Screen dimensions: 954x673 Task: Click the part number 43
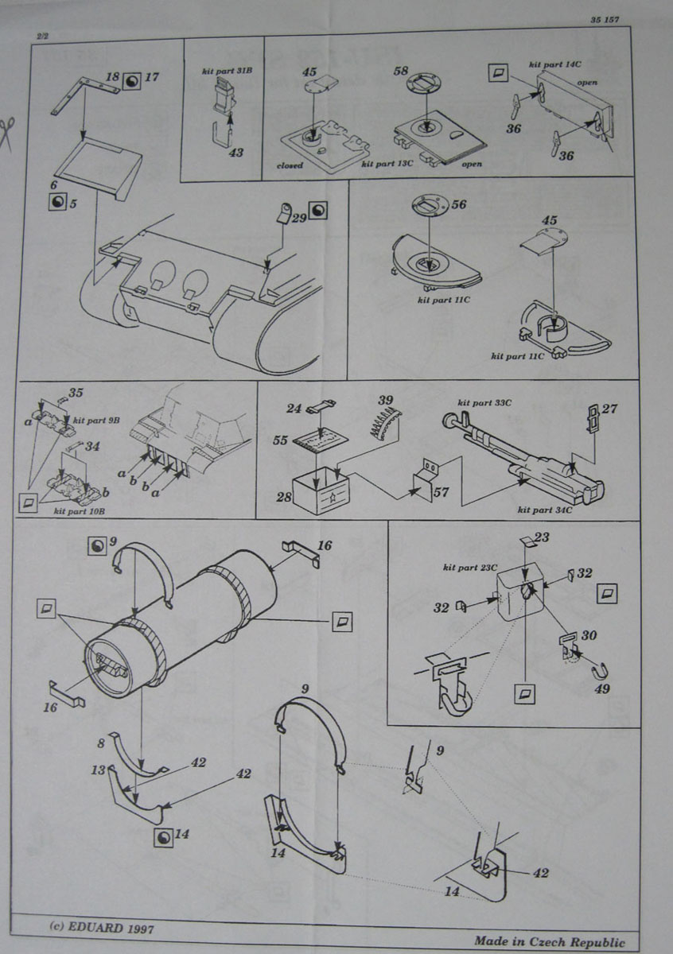click(x=237, y=153)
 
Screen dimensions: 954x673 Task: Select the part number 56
click(x=458, y=204)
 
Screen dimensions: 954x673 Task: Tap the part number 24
click(x=294, y=409)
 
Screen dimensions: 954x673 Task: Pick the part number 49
click(x=601, y=688)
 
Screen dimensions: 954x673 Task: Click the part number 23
click(x=541, y=537)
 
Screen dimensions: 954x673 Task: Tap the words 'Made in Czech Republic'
click(x=550, y=941)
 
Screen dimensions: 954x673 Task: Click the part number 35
click(x=76, y=393)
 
